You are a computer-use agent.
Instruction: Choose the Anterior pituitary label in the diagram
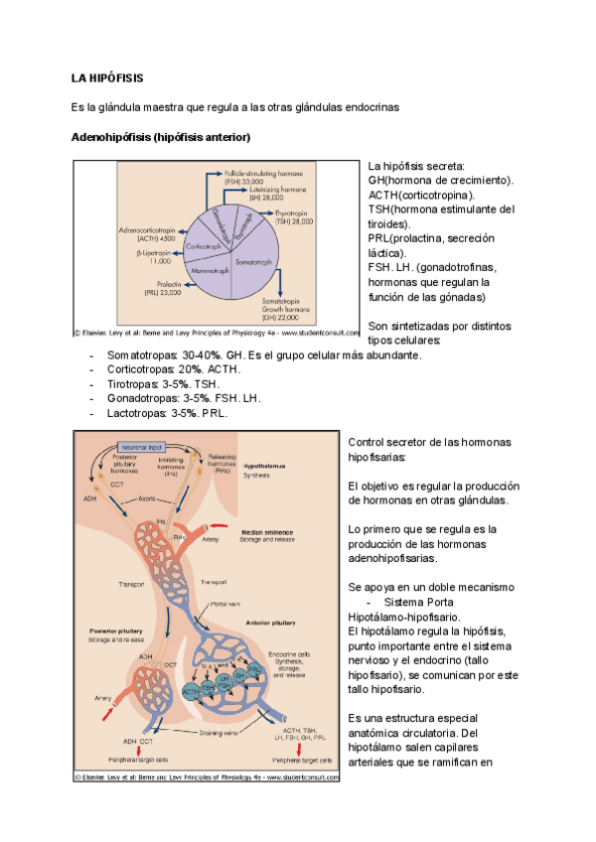tap(270, 623)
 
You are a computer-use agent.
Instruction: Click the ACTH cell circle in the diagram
tap(192, 690)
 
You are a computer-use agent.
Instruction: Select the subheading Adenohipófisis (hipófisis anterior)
tap(160, 136)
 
